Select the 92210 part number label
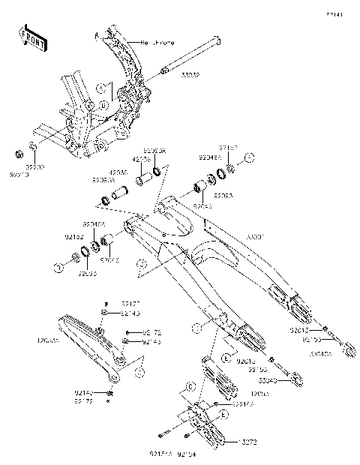click(x=18, y=174)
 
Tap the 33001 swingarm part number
click(x=256, y=236)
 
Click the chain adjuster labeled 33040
click(x=287, y=373)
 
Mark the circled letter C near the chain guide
click(x=191, y=385)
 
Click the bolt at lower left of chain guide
click(x=163, y=434)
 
